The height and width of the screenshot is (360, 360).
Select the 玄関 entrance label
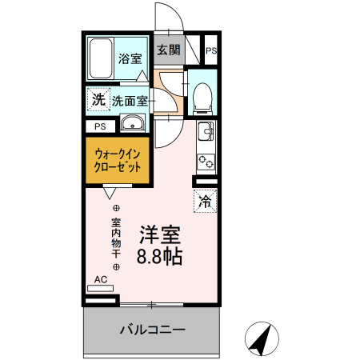point(168,50)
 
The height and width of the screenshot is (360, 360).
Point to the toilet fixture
point(201,95)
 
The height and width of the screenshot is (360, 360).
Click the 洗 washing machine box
point(98,100)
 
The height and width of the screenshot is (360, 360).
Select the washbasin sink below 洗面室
point(132,123)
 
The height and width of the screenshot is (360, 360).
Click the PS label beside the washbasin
point(100,126)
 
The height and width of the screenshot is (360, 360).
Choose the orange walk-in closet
point(117,160)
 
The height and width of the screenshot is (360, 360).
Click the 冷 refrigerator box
point(206,201)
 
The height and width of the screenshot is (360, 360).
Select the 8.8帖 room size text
point(159,257)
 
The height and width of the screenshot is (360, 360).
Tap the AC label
point(101,279)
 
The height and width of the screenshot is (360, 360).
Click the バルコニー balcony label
point(153,329)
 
